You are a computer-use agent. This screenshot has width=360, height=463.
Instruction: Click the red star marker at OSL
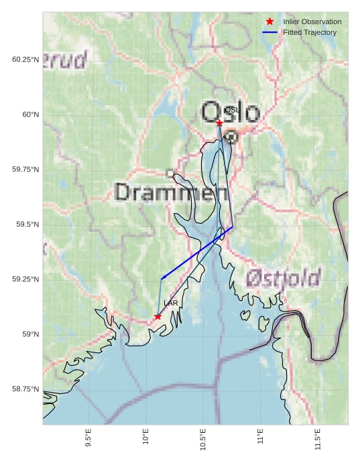(219, 123)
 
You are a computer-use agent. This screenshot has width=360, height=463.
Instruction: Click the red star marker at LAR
(158, 316)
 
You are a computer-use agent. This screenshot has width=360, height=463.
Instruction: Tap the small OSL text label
(231, 109)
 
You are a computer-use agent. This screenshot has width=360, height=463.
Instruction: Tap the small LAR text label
(170, 304)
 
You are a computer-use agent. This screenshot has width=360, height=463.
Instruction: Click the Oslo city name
(230, 112)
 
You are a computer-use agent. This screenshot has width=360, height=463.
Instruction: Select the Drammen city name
(171, 193)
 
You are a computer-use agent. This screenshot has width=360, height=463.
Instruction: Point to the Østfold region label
(282, 277)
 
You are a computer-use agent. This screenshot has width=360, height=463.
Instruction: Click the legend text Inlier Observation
(312, 21)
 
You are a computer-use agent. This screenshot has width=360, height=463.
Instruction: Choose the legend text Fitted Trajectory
(309, 32)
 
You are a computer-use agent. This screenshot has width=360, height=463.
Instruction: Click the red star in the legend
(269, 21)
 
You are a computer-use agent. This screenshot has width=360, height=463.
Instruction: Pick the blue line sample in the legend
(269, 32)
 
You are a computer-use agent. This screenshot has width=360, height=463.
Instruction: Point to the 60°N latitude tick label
(26, 115)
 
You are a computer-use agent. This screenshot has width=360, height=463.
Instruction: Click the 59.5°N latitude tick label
(24, 224)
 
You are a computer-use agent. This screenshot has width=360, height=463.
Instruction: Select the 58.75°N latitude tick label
(24, 389)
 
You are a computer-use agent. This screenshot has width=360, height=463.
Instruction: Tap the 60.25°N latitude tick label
(24, 60)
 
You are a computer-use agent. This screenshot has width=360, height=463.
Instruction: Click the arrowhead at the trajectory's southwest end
(163, 277)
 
